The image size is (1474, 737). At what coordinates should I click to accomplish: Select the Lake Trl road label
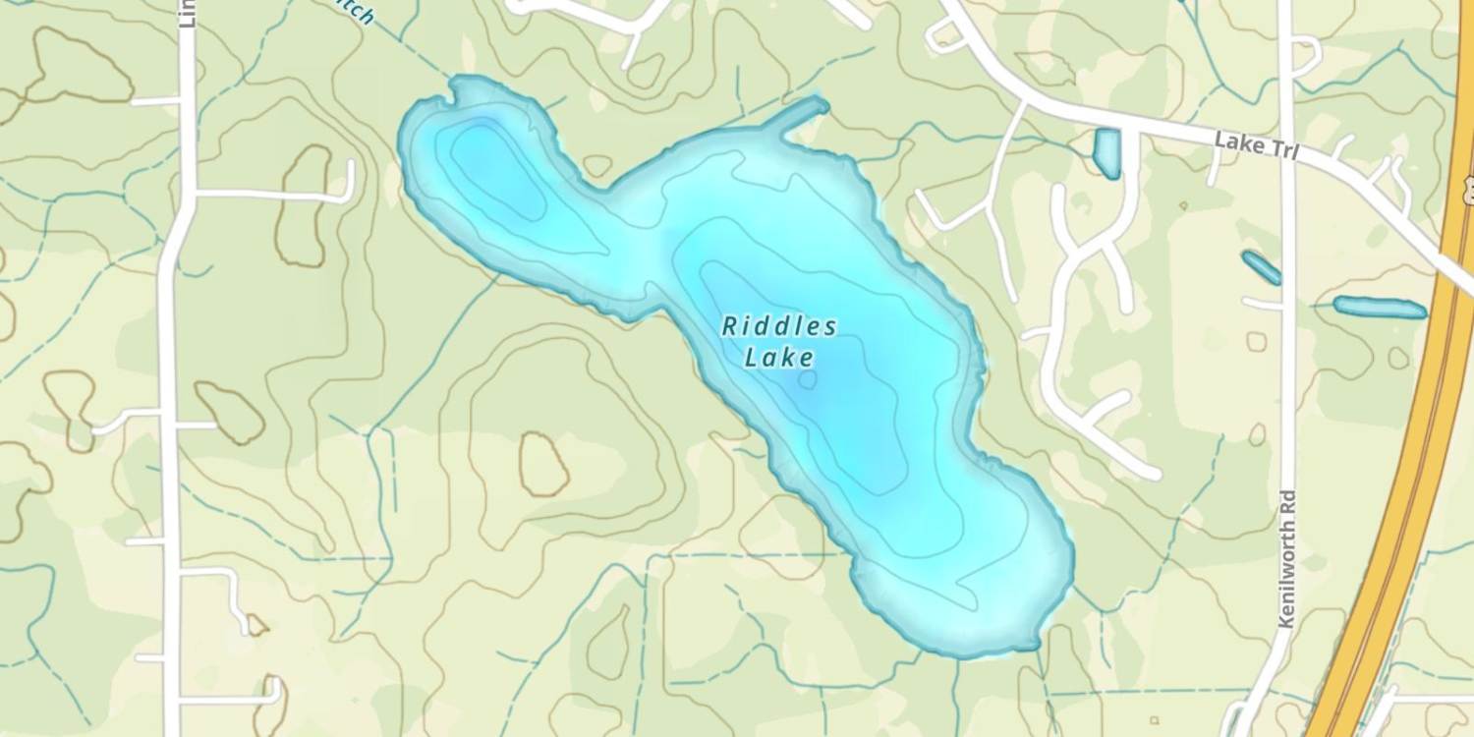[1257, 146]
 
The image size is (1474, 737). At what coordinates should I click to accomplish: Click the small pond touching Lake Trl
[1106, 153]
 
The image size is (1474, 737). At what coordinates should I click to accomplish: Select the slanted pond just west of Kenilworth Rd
[1261, 267]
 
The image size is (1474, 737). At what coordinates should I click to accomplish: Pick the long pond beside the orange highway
[1380, 308]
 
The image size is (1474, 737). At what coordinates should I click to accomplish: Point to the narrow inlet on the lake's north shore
[796, 113]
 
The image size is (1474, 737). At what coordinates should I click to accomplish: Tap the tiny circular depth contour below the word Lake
[808, 379]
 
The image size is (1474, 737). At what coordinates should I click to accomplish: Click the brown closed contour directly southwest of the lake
[543, 463]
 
